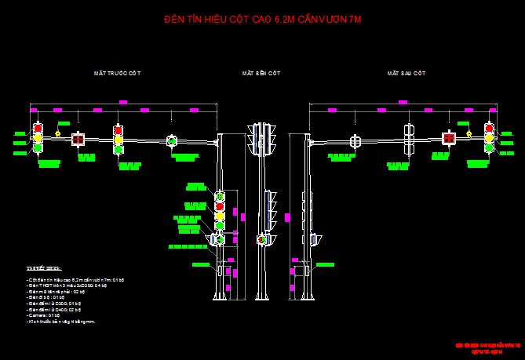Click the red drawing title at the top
263,18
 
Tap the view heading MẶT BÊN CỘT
261,72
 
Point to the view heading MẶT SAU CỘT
406,72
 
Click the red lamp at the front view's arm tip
37,128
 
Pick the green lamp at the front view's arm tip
37,147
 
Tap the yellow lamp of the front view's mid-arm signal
118,139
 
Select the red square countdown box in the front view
78,140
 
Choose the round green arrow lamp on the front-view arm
172,141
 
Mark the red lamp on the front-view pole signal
220,196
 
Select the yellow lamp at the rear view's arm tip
490,138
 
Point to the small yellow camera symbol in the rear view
468,134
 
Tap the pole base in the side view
261,296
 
